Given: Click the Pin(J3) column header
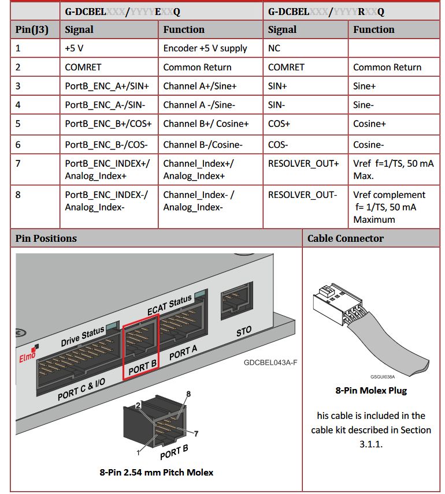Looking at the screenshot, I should click(x=32, y=29).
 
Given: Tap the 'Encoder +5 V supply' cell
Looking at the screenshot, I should click(x=205, y=48).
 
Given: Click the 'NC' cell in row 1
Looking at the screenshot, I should click(x=274, y=48).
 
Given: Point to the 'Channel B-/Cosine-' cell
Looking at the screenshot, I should click(x=203, y=145).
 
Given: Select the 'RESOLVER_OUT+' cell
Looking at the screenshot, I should click(x=303, y=163).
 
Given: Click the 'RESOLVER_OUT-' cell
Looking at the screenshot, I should click(x=302, y=194).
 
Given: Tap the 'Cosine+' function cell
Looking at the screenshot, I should click(x=369, y=124).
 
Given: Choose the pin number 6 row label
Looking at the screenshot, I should click(x=18, y=145).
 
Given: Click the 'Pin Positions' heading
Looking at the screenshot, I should click(x=46, y=238).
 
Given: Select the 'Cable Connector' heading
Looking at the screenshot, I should click(x=346, y=238).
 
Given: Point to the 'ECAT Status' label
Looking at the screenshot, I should click(x=169, y=305).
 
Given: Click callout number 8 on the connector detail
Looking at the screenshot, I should click(x=188, y=394).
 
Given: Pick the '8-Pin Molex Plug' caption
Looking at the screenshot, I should click(x=371, y=390).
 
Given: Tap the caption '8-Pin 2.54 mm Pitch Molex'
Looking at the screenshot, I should click(x=156, y=472).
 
